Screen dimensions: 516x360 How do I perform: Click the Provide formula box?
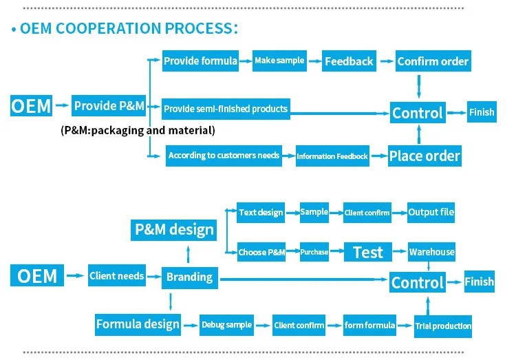pos(200,61)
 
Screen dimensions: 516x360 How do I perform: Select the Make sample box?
pos(279,61)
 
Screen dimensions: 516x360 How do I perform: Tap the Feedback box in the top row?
pos(349,61)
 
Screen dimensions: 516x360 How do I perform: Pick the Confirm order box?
pos(433,61)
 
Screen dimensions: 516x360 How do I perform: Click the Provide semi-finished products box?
pos(226,109)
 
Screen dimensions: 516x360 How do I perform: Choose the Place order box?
pos(424,156)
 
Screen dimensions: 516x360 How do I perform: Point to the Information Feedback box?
pos(332,156)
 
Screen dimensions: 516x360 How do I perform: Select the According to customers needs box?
pos(224,156)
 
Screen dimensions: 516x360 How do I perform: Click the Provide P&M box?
pos(109,106)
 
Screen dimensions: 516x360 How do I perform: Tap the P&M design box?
pos(174,230)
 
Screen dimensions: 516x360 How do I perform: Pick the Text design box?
pos(261,213)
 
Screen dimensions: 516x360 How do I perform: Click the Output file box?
pos(431,213)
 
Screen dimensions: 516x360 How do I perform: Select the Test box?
pos(368,252)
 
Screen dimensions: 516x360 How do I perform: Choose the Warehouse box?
pos(431,252)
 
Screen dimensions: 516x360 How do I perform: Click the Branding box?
pos(190,278)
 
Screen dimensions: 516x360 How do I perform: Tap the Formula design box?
pos(138,325)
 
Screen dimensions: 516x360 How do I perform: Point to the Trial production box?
pos(443,326)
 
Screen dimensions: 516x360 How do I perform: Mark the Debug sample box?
pos(226,326)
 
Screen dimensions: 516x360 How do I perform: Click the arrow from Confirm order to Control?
pos(419,87)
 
